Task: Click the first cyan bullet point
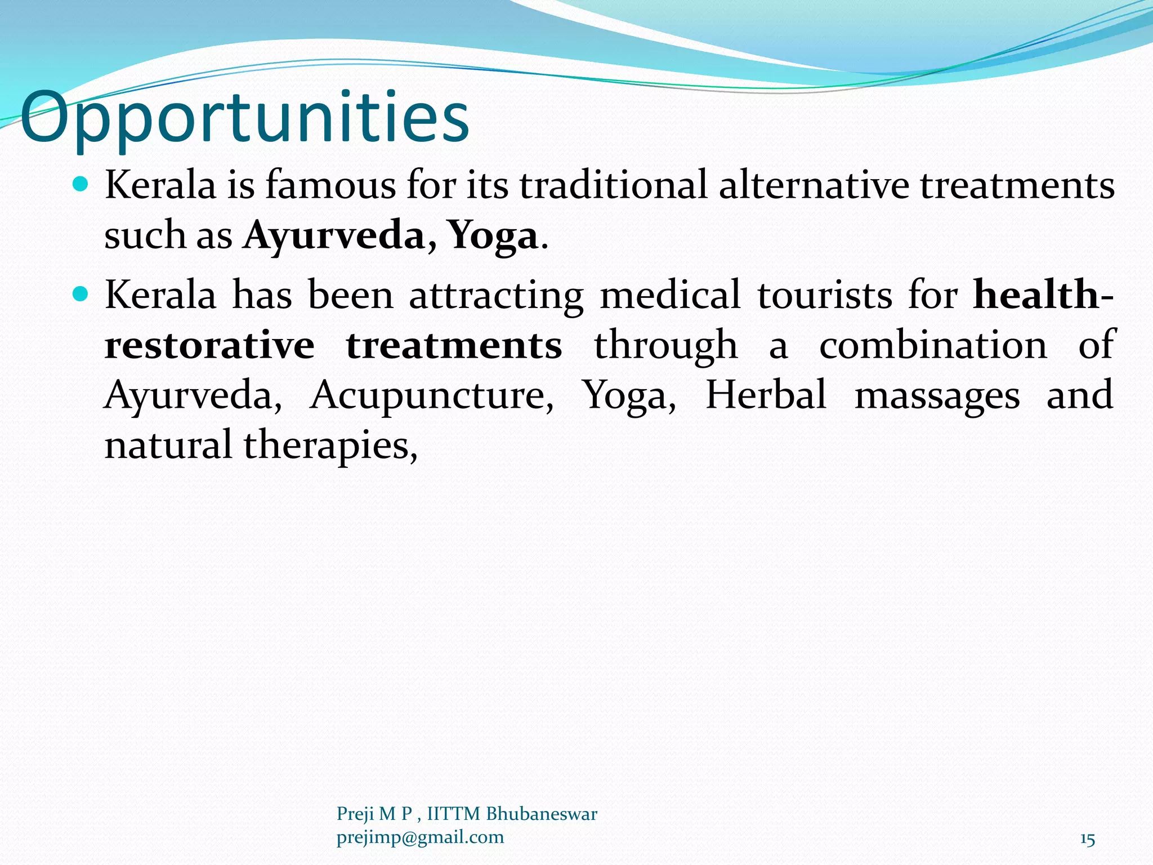pyautogui.click(x=81, y=184)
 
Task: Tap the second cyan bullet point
pyautogui.click(x=81, y=293)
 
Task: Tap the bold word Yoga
pyautogui.click(x=493, y=235)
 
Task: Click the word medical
pyautogui.click(x=670, y=295)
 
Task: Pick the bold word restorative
pyautogui.click(x=209, y=345)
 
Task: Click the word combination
pyautogui.click(x=933, y=345)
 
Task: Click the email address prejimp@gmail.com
pyautogui.click(x=420, y=837)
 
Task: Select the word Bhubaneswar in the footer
pyautogui.click(x=541, y=814)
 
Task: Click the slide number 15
pyautogui.click(x=1087, y=840)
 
